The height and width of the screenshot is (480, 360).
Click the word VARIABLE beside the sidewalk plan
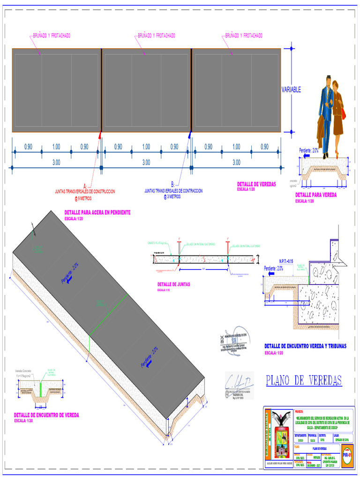pos(291,90)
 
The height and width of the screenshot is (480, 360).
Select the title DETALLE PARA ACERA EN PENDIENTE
pos(97,213)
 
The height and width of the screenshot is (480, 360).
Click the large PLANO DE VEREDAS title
pos(304,380)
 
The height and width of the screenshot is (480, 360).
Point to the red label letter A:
pos(85,186)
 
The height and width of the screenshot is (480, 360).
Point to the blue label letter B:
pos(172,184)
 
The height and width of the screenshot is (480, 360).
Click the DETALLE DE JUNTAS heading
pos(174,285)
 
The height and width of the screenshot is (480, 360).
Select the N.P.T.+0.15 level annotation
pos(286,261)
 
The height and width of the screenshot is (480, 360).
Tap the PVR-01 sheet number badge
pos(347,454)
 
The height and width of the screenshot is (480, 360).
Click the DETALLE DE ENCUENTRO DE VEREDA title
pos(46,415)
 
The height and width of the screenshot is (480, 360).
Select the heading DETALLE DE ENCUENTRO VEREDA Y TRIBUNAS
pos(305,346)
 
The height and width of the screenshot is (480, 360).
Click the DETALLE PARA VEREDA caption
pos(316,195)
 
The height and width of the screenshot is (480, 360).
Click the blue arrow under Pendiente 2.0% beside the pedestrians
pos(307,156)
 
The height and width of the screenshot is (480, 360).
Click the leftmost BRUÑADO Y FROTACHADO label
pos(52,36)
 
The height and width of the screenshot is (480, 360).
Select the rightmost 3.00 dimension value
pos(236,163)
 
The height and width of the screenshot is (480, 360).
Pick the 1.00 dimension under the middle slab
pos(146,147)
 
